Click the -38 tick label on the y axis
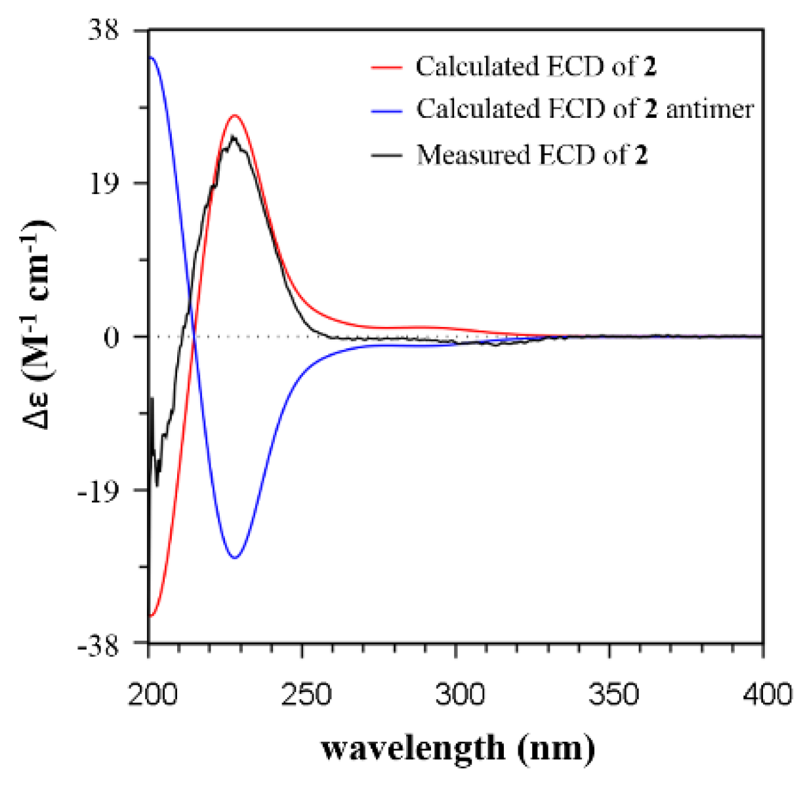tap(98, 644)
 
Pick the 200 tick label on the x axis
tap(152, 694)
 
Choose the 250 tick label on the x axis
tap(304, 694)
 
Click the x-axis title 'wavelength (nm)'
tap(458, 748)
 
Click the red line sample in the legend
tap(386, 68)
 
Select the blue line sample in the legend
tap(386, 110)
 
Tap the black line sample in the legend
tap(386, 156)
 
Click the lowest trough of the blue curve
tap(234, 558)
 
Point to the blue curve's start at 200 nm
tap(151, 57)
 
